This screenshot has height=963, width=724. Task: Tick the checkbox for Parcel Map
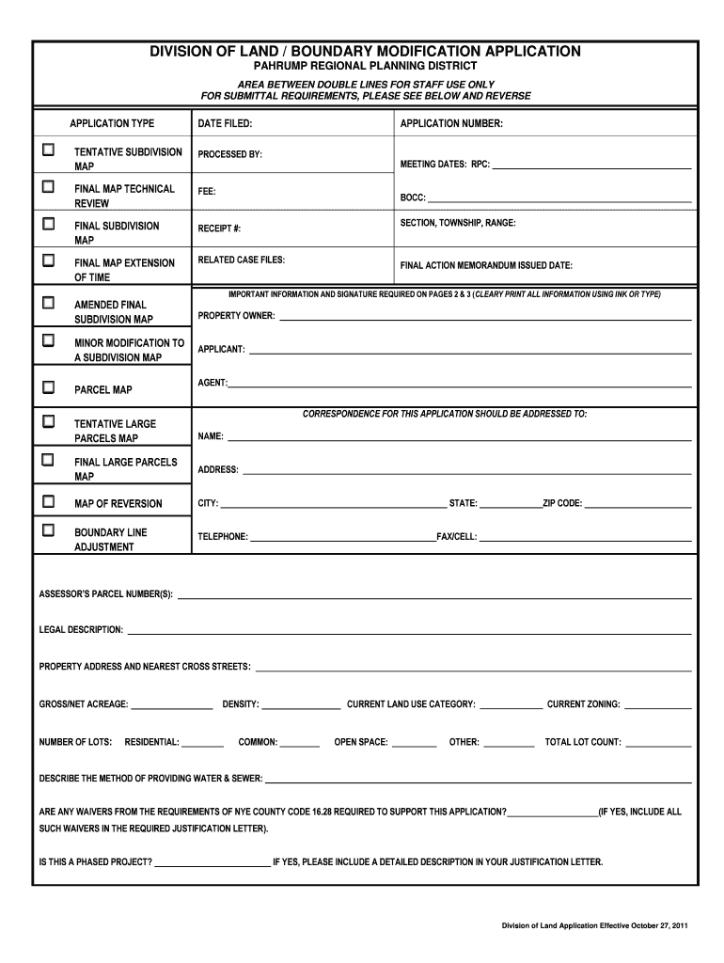48,387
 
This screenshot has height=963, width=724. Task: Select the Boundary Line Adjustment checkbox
48,530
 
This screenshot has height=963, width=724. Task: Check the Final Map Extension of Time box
48,259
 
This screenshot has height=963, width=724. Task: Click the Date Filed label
225,124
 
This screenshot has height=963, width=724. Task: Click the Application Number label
451,124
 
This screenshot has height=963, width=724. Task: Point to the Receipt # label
219,229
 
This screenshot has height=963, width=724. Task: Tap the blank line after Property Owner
485,317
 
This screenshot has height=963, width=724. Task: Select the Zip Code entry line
637,505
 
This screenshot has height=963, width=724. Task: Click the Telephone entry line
341,538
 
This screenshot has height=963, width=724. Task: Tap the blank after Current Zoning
657,706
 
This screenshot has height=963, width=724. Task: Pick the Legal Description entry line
409,631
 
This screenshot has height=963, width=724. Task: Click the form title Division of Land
366,51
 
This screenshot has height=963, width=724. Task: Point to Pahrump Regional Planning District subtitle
366,67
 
